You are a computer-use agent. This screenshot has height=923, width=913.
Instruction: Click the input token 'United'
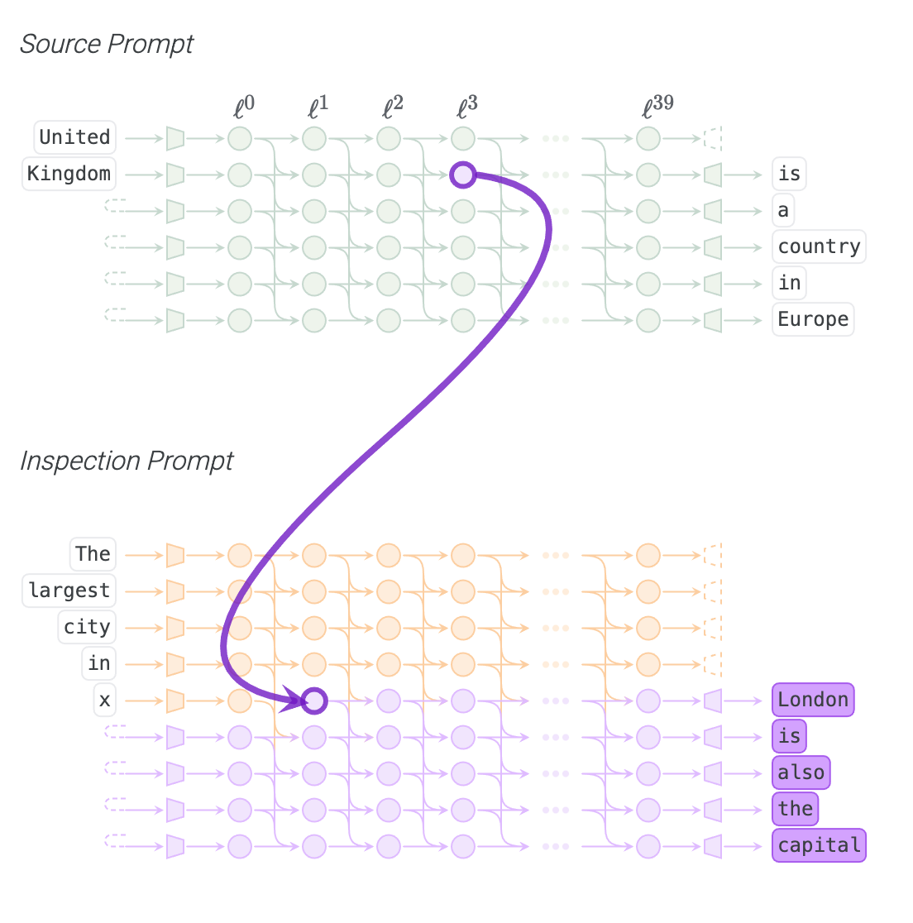click(x=74, y=137)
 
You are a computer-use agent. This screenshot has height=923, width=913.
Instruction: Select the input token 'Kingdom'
click(x=69, y=174)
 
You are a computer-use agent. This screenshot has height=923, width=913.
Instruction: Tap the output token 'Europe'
click(x=813, y=319)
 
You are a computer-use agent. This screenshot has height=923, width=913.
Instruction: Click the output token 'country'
click(x=819, y=246)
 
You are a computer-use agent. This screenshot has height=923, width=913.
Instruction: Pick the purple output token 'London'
click(x=813, y=700)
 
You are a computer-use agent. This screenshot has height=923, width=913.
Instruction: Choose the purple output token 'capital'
click(x=819, y=845)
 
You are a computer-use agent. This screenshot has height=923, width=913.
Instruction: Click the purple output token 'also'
click(x=801, y=772)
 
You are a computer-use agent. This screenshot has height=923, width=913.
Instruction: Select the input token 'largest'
click(x=69, y=591)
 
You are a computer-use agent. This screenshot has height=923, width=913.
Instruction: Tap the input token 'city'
click(x=87, y=627)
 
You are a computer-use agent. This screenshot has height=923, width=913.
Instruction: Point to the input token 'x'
click(x=104, y=701)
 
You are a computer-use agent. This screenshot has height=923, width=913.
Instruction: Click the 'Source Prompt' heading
click(x=107, y=44)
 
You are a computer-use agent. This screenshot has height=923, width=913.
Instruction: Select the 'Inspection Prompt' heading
click(x=127, y=461)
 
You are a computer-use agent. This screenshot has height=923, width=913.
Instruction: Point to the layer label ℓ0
click(x=244, y=107)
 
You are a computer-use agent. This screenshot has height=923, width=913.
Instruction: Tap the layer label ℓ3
click(x=467, y=107)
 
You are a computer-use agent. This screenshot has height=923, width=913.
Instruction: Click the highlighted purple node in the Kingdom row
click(x=463, y=175)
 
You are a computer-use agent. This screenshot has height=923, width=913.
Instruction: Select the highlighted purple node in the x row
click(x=314, y=701)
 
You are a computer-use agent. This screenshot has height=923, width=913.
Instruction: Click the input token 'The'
click(x=93, y=554)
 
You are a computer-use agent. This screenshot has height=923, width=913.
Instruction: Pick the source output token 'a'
click(x=783, y=210)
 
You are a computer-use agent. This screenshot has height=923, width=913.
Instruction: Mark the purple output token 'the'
click(x=795, y=809)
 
